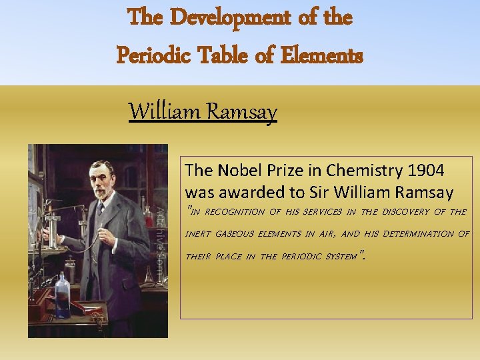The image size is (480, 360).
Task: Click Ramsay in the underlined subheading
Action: pyautogui.click(x=241, y=111)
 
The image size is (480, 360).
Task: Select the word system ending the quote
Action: pyautogui.click(x=341, y=256)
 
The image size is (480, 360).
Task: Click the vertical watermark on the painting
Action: pyautogui.click(x=161, y=233)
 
